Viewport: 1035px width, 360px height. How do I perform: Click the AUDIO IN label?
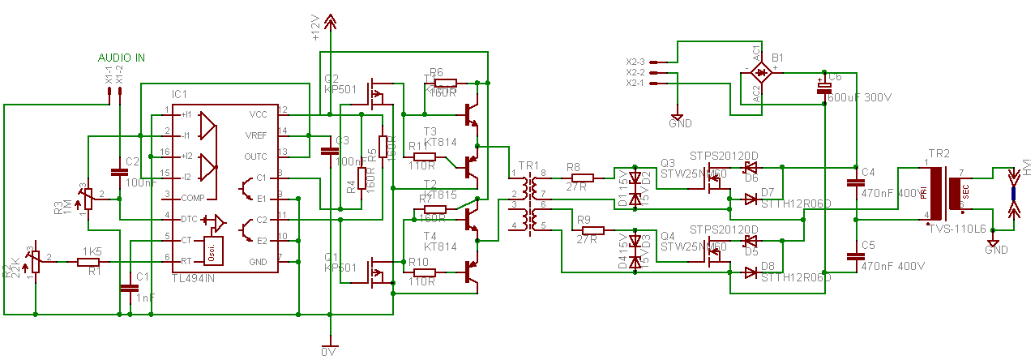click(x=122, y=58)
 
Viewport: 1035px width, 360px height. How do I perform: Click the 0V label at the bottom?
click(x=327, y=353)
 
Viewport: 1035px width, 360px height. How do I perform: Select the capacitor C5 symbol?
click(x=856, y=255)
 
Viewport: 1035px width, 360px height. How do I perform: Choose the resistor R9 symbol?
click(x=588, y=229)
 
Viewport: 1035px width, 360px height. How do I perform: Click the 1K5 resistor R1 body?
click(x=89, y=261)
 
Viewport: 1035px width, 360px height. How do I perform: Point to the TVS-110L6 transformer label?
click(x=957, y=230)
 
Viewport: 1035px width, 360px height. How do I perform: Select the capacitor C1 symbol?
click(x=128, y=287)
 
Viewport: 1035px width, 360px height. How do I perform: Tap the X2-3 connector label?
click(x=635, y=62)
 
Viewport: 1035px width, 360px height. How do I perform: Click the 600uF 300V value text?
click(x=859, y=97)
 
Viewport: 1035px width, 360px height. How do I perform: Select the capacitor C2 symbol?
click(x=119, y=171)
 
